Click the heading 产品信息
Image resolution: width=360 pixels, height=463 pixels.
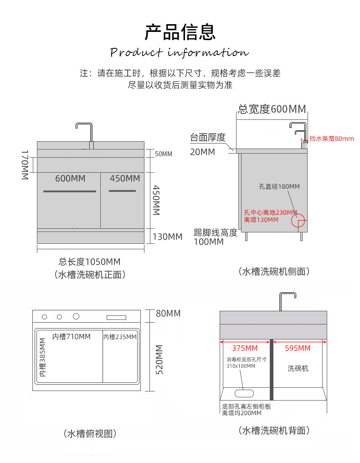point(180,32)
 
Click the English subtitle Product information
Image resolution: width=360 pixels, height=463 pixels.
point(180,52)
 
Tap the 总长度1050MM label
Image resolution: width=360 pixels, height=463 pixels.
point(89,262)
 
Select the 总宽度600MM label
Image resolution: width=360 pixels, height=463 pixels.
point(272,109)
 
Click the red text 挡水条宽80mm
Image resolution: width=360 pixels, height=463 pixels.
point(331,139)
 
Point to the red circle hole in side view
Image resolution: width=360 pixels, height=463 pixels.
point(298,221)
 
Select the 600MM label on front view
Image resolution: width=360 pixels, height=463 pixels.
point(70,179)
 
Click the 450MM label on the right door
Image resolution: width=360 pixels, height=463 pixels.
point(124,178)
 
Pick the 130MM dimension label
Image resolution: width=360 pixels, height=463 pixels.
point(167,237)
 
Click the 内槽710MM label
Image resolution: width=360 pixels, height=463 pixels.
point(71,337)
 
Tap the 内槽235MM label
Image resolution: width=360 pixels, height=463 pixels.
point(120,337)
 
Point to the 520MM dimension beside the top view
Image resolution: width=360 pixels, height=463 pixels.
point(159,360)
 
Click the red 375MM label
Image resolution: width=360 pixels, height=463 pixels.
point(245,349)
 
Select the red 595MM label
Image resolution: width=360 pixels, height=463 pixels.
point(297,349)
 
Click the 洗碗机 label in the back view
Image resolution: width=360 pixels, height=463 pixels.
point(298,368)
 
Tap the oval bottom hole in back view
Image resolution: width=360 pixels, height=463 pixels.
point(244,393)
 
